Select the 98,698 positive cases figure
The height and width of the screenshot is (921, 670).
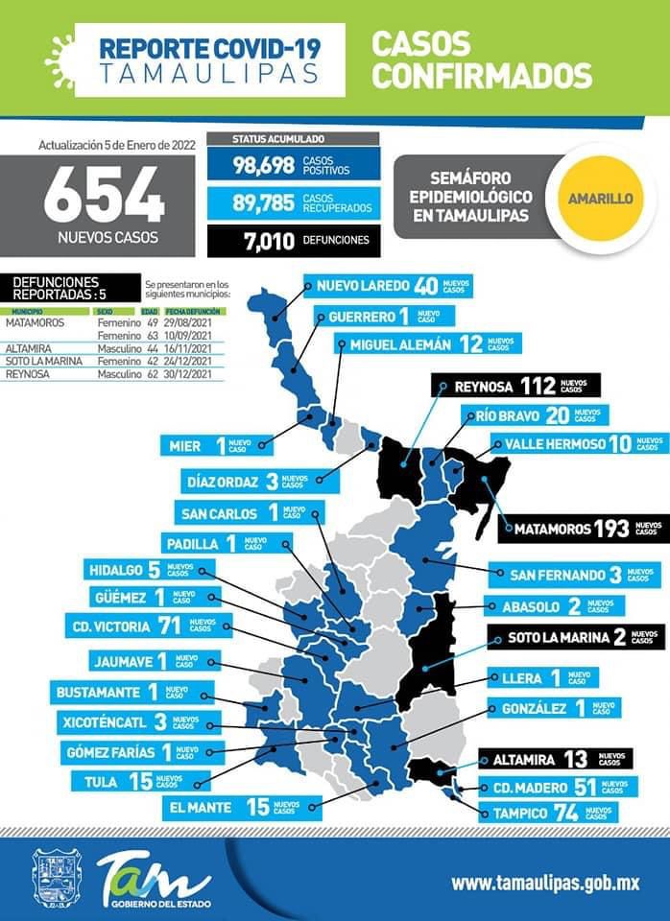pyautogui.click(x=263, y=165)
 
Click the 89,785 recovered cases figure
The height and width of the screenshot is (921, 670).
pyautogui.click(x=263, y=202)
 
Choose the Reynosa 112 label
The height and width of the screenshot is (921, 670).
pyautogui.click(x=515, y=386)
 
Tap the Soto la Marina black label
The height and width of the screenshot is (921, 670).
pyautogui.click(x=575, y=637)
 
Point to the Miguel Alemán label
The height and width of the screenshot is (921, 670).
pyautogui.click(x=428, y=344)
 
